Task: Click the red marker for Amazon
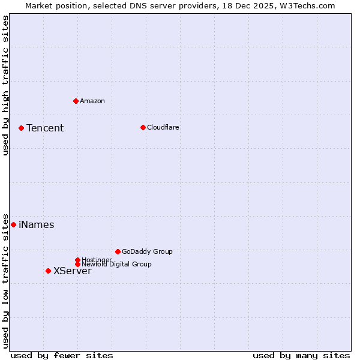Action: [x=76, y=101]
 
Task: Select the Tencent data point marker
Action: [x=21, y=128]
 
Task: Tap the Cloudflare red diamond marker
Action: [x=143, y=127]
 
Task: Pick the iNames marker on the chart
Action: [x=13, y=224]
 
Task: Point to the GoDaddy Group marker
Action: [x=118, y=251]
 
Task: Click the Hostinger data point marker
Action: [x=77, y=260]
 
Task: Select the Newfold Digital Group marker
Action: [x=77, y=264]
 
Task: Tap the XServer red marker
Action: [x=48, y=271]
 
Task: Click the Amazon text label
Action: [x=92, y=101]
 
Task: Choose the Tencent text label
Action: [x=45, y=128]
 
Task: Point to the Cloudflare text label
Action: [x=163, y=127]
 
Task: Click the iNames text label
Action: [x=37, y=225]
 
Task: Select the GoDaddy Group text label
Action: [x=147, y=251]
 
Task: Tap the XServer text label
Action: [x=73, y=271]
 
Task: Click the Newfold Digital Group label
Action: [x=117, y=265]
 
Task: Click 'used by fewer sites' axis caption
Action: [x=62, y=355]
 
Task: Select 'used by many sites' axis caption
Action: [x=301, y=355]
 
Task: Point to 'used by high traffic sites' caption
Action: [x=5, y=85]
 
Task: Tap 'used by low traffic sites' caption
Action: [x=5, y=280]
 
